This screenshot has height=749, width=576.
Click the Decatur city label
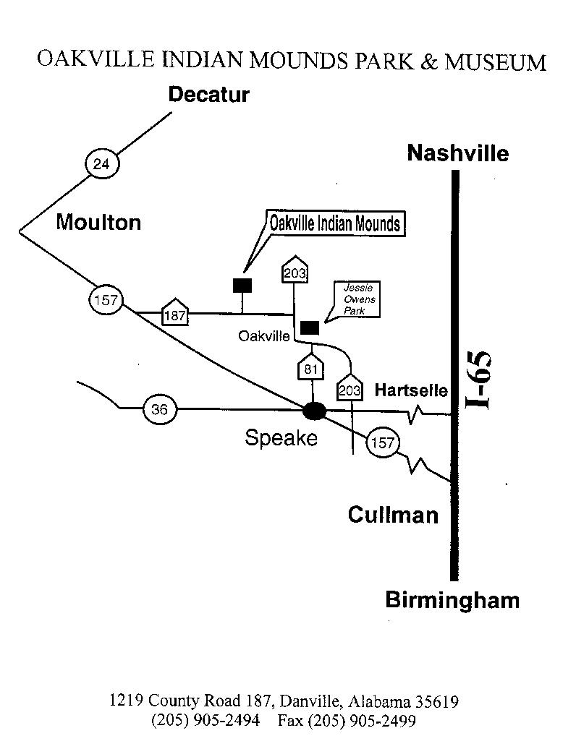click(x=208, y=95)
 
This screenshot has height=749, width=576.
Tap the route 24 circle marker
click(x=101, y=164)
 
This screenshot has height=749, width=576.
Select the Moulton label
click(x=98, y=222)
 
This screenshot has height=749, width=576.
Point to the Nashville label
click(x=457, y=153)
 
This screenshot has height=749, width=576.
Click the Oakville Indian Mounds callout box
click(x=334, y=223)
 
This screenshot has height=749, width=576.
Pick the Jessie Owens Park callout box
click(x=357, y=299)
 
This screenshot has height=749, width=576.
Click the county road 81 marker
click(x=311, y=368)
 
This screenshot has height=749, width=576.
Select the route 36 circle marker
click(x=159, y=410)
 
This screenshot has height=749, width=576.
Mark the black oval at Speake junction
click(x=314, y=411)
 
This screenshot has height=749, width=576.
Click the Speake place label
click(x=281, y=437)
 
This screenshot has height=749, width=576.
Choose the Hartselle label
click(x=411, y=390)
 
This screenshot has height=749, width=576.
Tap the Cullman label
click(x=393, y=515)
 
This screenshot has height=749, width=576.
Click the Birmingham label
click(x=452, y=600)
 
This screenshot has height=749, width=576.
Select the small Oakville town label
click(x=263, y=336)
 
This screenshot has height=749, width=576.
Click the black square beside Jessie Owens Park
click(x=310, y=328)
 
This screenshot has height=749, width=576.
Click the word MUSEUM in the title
click(x=495, y=62)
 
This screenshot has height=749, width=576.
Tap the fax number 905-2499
click(x=382, y=721)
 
